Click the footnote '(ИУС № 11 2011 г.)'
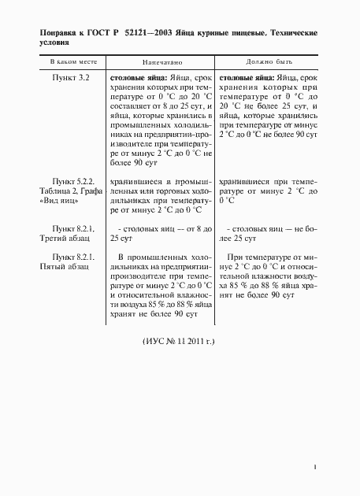click(x=178, y=343)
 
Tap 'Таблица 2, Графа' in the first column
click(x=72, y=191)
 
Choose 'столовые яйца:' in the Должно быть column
click(x=247, y=78)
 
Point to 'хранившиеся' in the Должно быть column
click(x=245, y=180)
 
